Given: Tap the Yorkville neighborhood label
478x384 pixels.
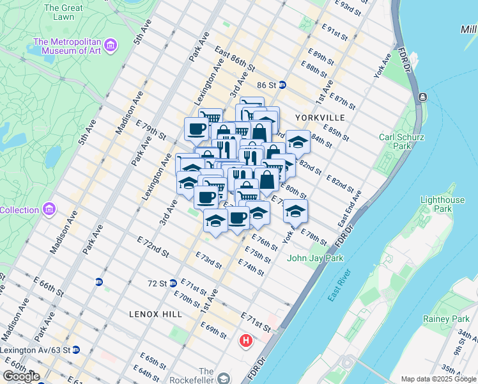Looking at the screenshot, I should tap(320, 118).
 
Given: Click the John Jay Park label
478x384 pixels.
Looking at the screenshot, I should tap(316, 258).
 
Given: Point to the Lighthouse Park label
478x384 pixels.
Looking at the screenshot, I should tap(442, 204).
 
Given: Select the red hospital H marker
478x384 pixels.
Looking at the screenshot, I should tap(245, 341).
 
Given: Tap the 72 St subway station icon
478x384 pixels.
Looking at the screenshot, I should tap(173, 283).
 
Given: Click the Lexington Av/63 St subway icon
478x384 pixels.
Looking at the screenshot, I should tap(76, 350).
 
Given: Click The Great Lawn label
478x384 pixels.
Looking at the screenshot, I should tap(63, 13).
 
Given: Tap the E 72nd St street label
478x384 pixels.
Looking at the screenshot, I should tap(153, 245).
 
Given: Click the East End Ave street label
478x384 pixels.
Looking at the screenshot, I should tap(353, 209).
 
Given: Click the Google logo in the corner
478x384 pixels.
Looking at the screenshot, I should tap(21, 376).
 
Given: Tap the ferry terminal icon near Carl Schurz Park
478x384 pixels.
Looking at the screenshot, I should tap(422, 97).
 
